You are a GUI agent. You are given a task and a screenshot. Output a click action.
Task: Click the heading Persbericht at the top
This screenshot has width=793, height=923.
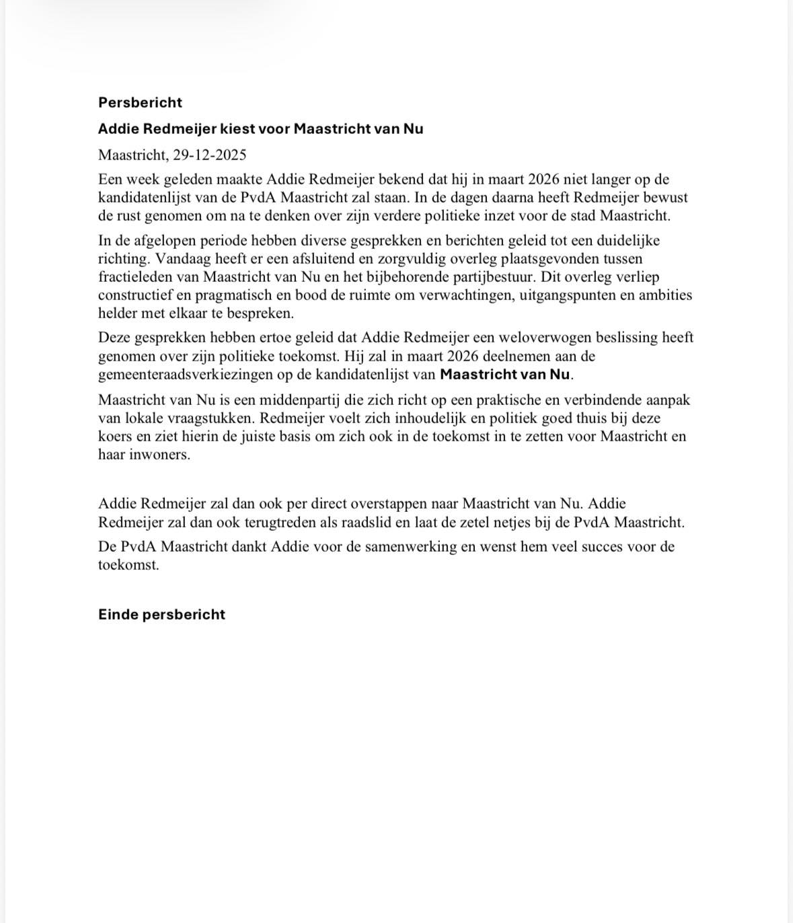140,102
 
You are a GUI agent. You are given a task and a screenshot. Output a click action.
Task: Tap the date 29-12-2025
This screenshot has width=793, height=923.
209,155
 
